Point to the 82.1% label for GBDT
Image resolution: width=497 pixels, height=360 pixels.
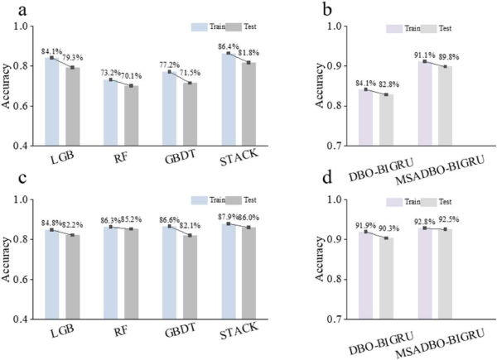192,225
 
